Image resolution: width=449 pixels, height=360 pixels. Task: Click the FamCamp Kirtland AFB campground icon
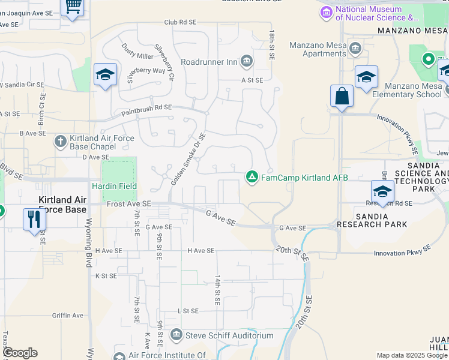point(252,176)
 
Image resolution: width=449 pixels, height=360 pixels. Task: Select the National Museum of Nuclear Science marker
point(327,11)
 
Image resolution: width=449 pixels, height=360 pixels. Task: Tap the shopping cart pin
point(73,7)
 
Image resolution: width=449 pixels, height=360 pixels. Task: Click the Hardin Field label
point(114,187)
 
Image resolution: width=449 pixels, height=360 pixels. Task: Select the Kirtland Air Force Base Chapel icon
point(60,142)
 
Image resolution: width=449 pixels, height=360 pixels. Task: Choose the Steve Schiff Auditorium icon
point(176,334)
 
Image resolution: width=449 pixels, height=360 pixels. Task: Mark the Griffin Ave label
point(68,315)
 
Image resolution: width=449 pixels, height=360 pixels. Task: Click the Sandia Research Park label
point(372,220)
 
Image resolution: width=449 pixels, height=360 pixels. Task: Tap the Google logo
point(19,352)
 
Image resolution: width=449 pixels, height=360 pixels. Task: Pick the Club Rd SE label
point(180,22)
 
